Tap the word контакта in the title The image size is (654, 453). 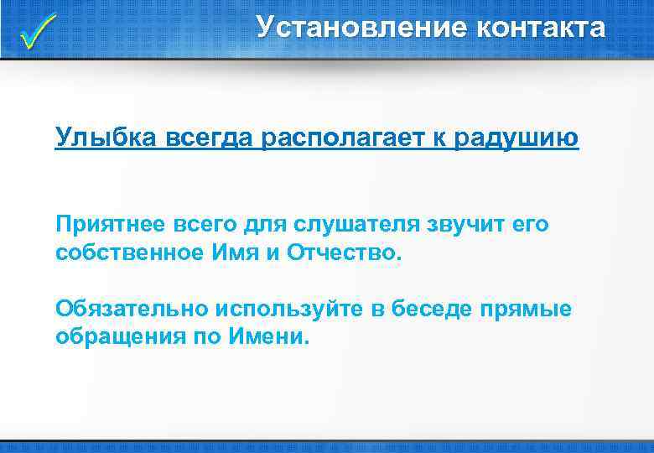click(x=541, y=27)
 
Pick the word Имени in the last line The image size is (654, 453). click(x=268, y=336)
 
